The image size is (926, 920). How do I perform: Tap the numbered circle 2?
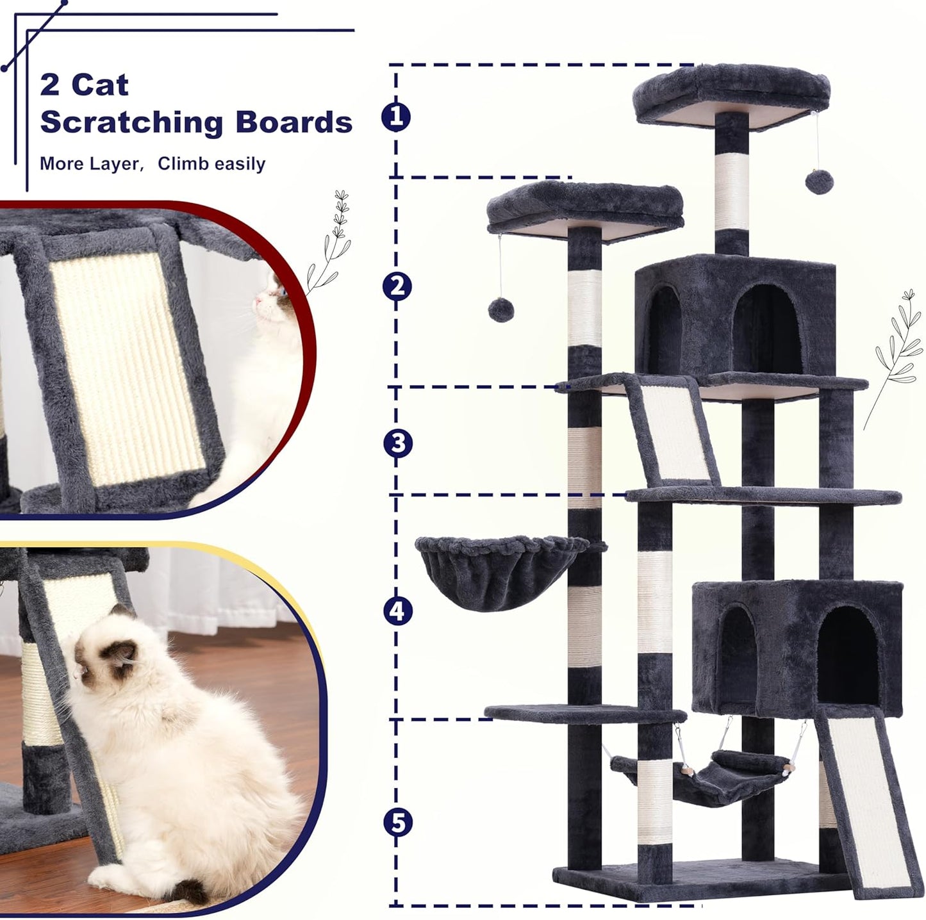[x=397, y=286]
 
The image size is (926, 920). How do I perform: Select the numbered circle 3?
[x=397, y=443]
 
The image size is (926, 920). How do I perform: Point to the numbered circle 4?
[x=397, y=611]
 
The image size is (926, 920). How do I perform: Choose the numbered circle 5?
[x=397, y=822]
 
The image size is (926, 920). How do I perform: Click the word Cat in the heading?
[x=99, y=85]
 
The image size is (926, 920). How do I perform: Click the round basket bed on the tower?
[x=501, y=571]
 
